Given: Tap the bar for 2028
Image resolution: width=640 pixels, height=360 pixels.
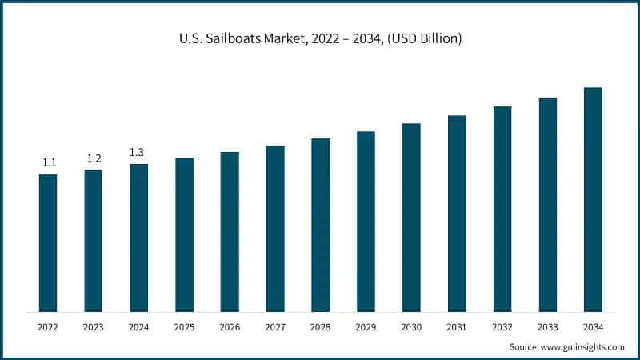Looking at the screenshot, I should click(321, 225).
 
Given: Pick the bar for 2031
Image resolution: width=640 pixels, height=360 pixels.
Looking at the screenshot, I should click(457, 214).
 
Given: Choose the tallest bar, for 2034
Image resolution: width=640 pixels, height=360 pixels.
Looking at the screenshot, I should click(593, 199).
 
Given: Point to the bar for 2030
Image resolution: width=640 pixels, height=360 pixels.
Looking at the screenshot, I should click(411, 218).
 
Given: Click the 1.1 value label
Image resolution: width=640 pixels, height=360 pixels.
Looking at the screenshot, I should click(49, 163).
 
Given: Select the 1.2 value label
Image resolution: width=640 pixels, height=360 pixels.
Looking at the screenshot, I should click(94, 158).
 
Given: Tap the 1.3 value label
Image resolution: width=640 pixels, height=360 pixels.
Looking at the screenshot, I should click(138, 152).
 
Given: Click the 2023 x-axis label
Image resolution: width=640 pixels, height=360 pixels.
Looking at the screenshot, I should click(94, 327).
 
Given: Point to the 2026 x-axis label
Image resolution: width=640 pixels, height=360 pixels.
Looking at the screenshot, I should click(230, 327).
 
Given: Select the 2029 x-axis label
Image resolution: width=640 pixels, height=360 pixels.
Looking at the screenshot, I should click(366, 327).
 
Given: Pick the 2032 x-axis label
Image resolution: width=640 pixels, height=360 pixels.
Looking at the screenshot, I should click(502, 327).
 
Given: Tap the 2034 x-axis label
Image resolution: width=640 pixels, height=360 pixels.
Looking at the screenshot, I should click(593, 327).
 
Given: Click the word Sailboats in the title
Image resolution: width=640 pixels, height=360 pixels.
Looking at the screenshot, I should click(234, 38).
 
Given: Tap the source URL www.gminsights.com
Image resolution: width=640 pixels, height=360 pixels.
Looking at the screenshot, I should click(583, 346).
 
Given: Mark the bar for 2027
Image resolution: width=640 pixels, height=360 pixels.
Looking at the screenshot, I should click(275, 228).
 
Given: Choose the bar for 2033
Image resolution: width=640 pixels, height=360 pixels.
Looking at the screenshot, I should click(548, 205).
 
